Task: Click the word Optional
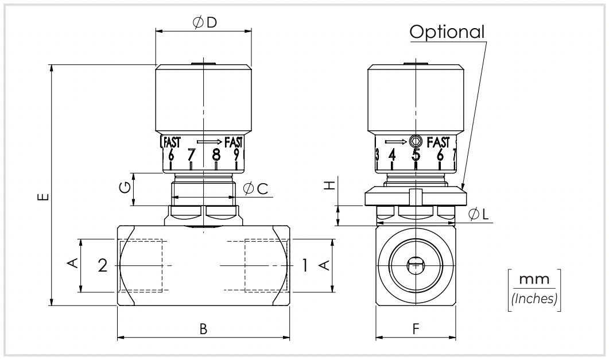coord(447,32)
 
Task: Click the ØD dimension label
coord(205,23)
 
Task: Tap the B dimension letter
coord(204,330)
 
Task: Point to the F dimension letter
coord(416,330)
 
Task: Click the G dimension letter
coord(125,188)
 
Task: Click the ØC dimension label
coord(255,189)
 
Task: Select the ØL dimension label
coord(479,214)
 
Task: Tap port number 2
coord(103,266)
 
